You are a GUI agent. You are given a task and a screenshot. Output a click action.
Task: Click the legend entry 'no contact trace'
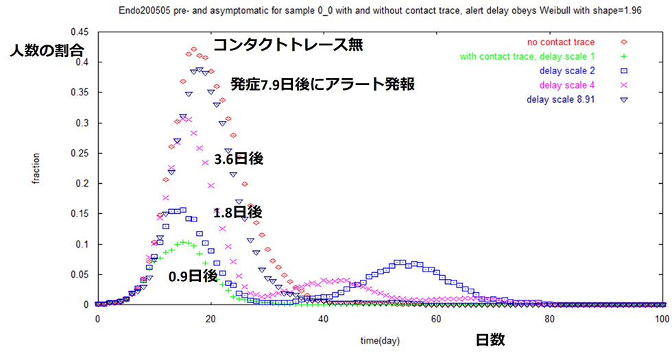[x=561, y=42]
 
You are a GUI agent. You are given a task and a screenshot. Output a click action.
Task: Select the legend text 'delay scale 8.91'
[x=561, y=99]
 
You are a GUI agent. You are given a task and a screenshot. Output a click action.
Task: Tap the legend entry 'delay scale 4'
[x=567, y=85]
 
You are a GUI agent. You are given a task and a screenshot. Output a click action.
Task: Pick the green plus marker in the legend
[x=624, y=56]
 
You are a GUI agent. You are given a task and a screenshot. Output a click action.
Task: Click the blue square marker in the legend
[x=624, y=71]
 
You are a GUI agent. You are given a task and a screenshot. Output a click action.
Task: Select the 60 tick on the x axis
[x=436, y=320]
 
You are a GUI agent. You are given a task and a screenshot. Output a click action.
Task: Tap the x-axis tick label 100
[x=662, y=320]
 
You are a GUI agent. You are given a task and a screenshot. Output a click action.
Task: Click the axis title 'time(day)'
[x=380, y=341]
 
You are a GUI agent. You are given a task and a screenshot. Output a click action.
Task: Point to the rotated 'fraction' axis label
[x=36, y=169]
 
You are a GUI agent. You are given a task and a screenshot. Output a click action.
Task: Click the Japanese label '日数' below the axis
[x=490, y=340]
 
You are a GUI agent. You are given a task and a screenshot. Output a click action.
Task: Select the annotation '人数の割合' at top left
[x=47, y=51]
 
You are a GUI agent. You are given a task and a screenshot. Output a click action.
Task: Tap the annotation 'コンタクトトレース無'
[x=288, y=45]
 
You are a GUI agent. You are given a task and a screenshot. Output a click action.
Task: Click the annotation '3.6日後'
[x=239, y=159]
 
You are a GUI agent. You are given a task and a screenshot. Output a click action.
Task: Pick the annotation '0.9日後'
[x=193, y=276]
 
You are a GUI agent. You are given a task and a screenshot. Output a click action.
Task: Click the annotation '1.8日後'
[x=238, y=212]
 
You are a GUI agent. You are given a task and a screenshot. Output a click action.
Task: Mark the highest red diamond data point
[x=193, y=49]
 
